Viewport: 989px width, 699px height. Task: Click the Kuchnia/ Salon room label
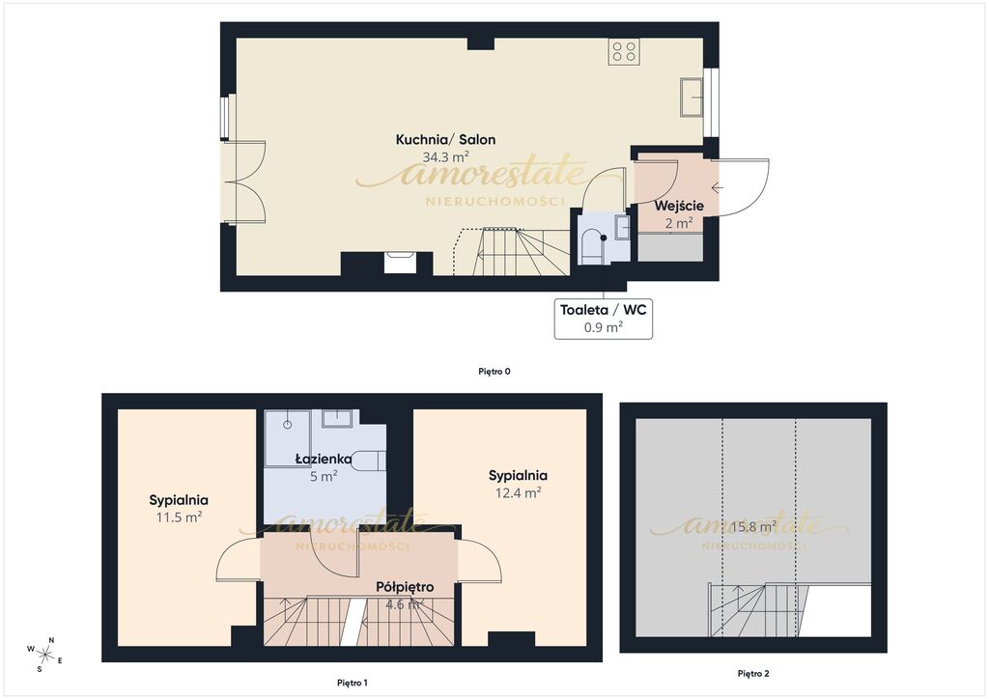click(445, 140)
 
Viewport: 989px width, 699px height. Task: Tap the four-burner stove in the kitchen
click(624, 51)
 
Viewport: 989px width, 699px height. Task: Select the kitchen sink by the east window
click(692, 98)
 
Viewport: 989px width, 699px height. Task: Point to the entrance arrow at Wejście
click(718, 187)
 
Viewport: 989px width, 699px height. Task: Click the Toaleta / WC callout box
click(604, 318)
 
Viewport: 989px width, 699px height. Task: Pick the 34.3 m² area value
click(445, 157)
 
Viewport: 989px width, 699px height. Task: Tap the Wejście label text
click(679, 206)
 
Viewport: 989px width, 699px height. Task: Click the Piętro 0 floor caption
click(494, 372)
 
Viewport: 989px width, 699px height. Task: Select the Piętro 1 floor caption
click(352, 683)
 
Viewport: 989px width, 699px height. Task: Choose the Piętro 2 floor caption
click(753, 673)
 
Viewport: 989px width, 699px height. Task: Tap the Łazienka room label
click(323, 460)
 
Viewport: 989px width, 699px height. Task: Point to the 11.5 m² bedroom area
click(179, 517)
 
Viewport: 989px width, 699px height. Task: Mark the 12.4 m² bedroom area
click(518, 492)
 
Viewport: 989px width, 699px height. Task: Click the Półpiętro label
click(405, 587)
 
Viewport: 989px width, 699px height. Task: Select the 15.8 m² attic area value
click(753, 526)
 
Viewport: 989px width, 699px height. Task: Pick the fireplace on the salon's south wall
click(400, 263)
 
